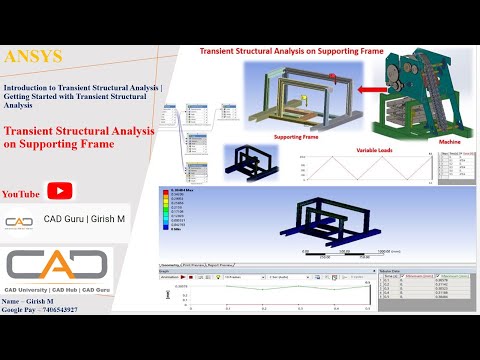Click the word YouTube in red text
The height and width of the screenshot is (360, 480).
(22, 193)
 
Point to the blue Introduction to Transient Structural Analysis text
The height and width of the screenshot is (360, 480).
(86, 95)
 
